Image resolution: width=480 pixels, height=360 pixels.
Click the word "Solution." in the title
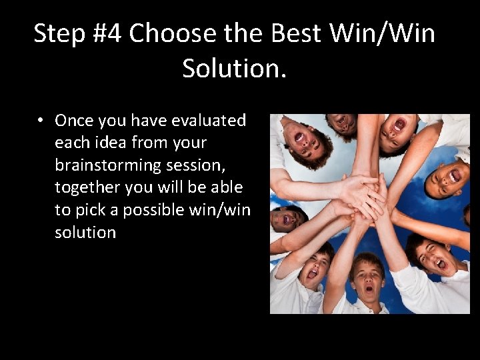click(234, 68)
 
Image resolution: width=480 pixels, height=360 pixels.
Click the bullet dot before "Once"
click(41, 121)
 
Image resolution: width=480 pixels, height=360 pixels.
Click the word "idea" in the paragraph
click(115, 143)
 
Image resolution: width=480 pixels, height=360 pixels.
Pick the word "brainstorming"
click(107, 165)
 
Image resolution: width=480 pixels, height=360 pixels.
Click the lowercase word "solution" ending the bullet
click(85, 233)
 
